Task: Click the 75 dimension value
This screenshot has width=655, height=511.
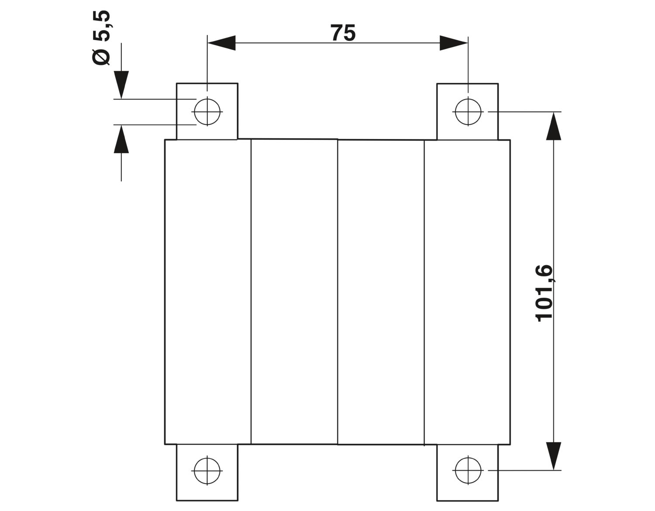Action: point(343,33)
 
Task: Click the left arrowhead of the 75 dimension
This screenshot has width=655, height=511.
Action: point(221,43)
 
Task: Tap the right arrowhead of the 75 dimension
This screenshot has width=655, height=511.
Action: point(454,43)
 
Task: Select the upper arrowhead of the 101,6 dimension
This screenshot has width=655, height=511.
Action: point(554,126)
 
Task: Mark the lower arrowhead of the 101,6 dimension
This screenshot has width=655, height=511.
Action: point(554,456)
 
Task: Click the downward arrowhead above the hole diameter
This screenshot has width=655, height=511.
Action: point(121,85)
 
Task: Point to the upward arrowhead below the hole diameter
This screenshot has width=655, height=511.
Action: point(121,139)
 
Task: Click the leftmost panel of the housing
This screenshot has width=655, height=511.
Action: point(208,292)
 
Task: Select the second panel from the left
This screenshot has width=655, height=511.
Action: point(294,292)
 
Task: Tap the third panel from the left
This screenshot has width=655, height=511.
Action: point(381,292)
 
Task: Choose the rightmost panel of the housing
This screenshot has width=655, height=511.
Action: point(467,292)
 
